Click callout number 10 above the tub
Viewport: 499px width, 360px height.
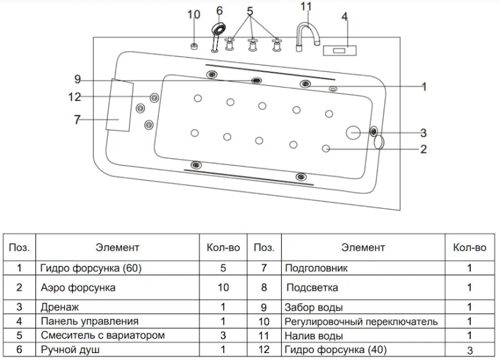193,14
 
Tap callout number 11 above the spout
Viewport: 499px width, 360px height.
306,7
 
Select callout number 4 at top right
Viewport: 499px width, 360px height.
345,17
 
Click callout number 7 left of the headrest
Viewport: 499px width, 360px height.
77,119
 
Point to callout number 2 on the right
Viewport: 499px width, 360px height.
423,149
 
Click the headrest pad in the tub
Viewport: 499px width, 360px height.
119,104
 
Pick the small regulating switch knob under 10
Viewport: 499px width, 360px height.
194,46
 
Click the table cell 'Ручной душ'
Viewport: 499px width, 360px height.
70,349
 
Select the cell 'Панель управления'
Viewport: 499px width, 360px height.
89,321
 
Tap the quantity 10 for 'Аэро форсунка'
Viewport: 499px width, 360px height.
223,287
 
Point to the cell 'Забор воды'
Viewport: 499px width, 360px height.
314,308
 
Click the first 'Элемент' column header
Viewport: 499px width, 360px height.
117,247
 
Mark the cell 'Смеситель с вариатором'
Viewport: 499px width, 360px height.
102,335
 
